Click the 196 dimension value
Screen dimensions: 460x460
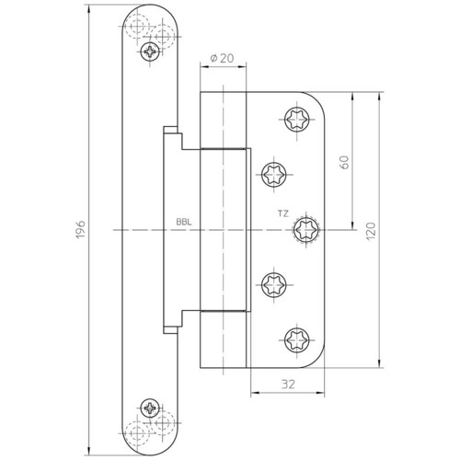(x=80, y=229)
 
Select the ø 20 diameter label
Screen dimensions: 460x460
(x=222, y=58)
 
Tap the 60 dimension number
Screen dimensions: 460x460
(x=344, y=162)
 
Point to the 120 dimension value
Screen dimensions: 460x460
(x=371, y=231)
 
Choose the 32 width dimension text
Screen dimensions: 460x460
(x=288, y=384)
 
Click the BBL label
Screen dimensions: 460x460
(x=184, y=222)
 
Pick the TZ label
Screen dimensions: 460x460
(x=283, y=213)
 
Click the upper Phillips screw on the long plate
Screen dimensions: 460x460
(x=150, y=52)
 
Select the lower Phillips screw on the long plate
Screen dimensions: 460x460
(x=150, y=408)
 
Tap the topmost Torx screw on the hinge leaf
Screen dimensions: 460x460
(x=297, y=120)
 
